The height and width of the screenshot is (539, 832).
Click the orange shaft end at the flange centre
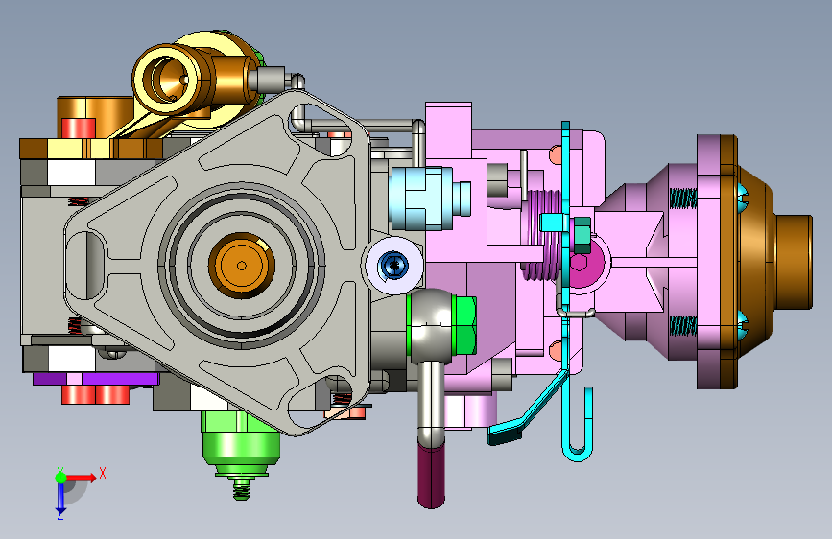(242, 266)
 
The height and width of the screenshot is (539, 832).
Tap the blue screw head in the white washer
(393, 264)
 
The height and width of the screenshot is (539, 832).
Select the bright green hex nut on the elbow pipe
(464, 325)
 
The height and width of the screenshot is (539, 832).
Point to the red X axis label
(103, 473)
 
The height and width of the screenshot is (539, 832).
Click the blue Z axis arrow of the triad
(60, 496)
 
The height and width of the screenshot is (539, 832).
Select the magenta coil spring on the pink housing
(542, 235)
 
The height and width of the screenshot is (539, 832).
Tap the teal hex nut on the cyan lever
(582, 234)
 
